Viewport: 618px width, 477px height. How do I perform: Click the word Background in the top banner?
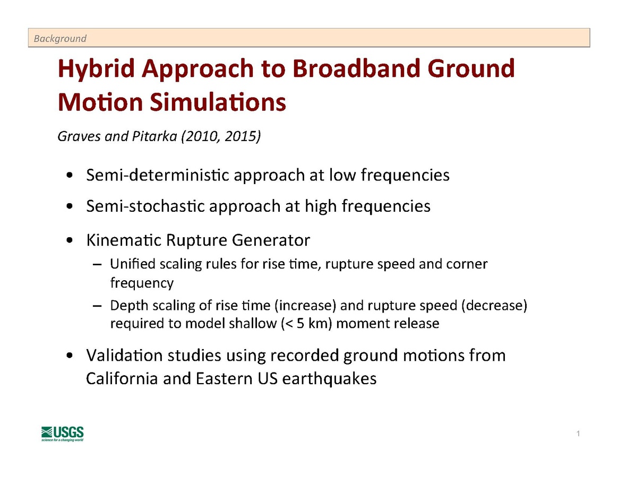(60, 39)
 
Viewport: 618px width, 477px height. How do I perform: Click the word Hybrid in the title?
(96, 69)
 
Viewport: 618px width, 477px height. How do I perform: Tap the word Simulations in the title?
(218, 102)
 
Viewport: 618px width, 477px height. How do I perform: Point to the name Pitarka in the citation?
(154, 136)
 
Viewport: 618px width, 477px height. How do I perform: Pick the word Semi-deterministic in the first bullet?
(157, 175)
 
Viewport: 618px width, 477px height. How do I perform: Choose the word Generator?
(271, 240)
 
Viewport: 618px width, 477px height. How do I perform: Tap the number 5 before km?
(301, 323)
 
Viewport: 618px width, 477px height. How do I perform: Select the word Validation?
(124, 355)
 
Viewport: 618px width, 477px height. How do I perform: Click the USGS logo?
(63, 433)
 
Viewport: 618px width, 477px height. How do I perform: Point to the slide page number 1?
(578, 433)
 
